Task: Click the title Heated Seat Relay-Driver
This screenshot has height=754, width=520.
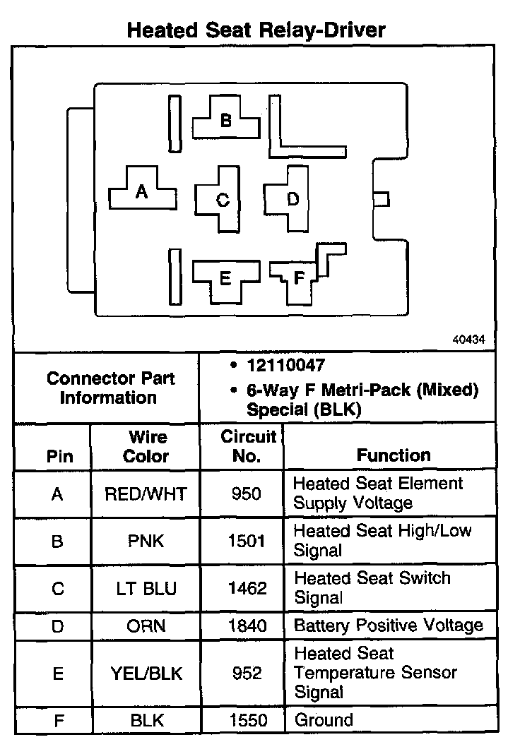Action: coord(256,30)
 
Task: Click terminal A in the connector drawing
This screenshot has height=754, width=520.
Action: coord(141,191)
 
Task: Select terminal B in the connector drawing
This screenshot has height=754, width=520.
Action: coord(225,120)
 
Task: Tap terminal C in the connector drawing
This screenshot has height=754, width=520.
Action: coord(223,200)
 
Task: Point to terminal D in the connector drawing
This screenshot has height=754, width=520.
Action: coord(292,199)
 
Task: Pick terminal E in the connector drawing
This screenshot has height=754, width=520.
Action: coord(225,278)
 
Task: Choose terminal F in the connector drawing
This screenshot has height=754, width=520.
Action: coord(299,277)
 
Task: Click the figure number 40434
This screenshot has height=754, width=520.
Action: coord(468,339)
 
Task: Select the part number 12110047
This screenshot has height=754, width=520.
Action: coord(285,366)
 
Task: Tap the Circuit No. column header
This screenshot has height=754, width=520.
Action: coord(247,446)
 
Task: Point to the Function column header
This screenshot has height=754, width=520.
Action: coord(394,455)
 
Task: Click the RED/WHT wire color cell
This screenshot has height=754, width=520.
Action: coord(147,493)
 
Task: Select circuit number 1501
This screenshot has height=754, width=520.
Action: coord(247,541)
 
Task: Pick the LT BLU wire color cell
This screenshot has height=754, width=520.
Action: coord(147,588)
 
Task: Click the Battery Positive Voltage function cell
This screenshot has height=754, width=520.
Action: coord(388,626)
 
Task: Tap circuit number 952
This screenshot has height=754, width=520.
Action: coord(247,674)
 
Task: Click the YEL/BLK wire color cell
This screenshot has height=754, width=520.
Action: coord(147,674)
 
